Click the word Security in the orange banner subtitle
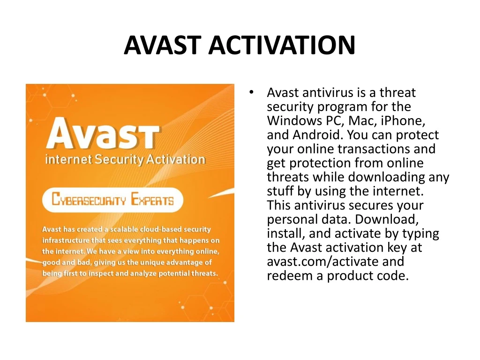tap(119, 160)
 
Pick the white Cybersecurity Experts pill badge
tap(112, 200)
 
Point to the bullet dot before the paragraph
tap(251, 92)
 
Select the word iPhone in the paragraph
tap(403, 120)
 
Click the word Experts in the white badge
tap(152, 199)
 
